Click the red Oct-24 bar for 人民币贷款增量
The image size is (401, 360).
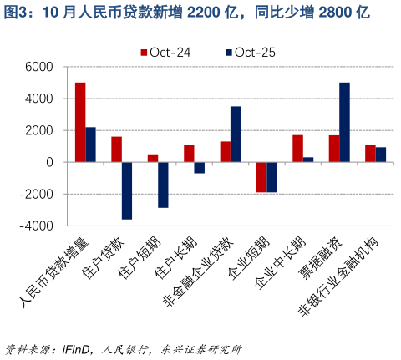(80, 122)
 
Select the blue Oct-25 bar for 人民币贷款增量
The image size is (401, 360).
(91, 145)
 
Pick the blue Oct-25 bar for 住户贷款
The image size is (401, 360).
(127, 190)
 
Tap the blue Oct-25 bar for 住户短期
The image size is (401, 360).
(163, 185)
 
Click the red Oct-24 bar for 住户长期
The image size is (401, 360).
(189, 153)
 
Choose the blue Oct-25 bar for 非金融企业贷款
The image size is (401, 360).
(236, 134)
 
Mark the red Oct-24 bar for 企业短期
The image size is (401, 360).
(261, 177)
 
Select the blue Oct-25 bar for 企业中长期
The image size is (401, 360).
(308, 160)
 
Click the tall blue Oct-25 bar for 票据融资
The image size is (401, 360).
(344, 122)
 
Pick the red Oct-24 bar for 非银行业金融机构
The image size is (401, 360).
(370, 154)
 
